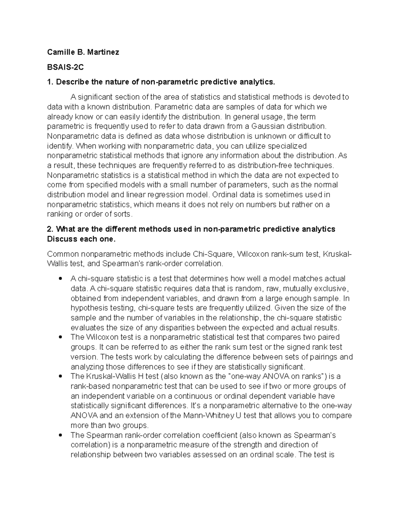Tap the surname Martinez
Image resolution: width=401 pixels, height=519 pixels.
(104, 52)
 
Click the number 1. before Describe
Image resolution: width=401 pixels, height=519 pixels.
(50, 82)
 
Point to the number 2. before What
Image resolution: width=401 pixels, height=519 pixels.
(50, 229)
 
